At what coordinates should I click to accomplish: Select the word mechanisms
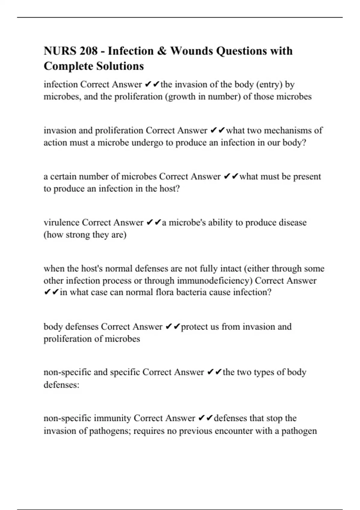pos(288,130)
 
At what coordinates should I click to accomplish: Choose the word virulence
pos(61,223)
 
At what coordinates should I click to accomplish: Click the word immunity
pos(112,418)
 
